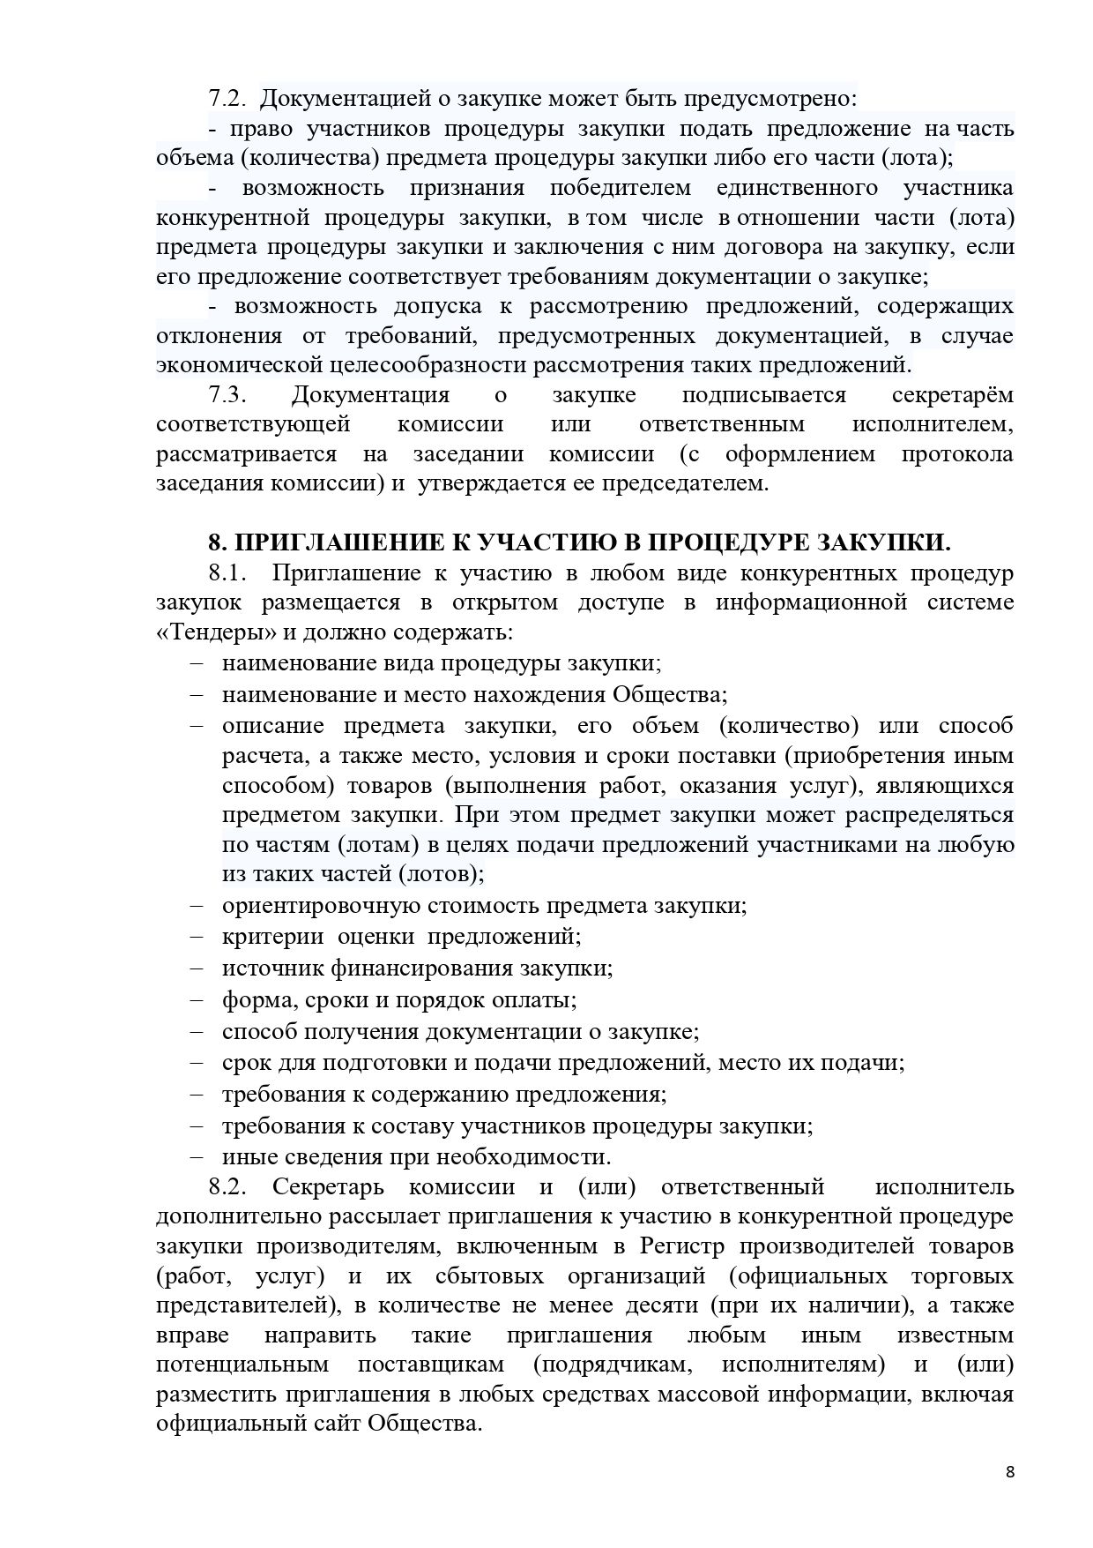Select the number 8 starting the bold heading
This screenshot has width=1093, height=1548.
(213, 541)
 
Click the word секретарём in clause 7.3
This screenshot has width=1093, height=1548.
(952, 394)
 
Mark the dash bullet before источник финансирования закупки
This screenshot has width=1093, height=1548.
(196, 968)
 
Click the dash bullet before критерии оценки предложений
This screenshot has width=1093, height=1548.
(196, 936)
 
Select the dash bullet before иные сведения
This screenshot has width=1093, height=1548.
(196, 1156)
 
